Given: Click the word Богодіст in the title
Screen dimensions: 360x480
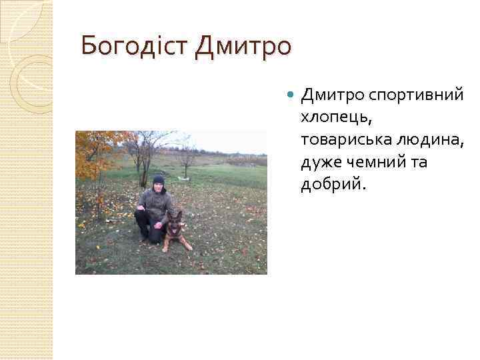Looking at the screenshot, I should point(135,47).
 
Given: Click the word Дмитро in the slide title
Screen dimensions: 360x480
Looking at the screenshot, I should point(243,47).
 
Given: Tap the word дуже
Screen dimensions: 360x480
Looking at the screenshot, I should point(319,162).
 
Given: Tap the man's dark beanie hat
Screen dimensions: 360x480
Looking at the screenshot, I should point(158,179).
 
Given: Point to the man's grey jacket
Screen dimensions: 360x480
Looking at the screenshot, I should point(157,205).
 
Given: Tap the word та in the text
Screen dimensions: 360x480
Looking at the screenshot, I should point(417,162).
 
